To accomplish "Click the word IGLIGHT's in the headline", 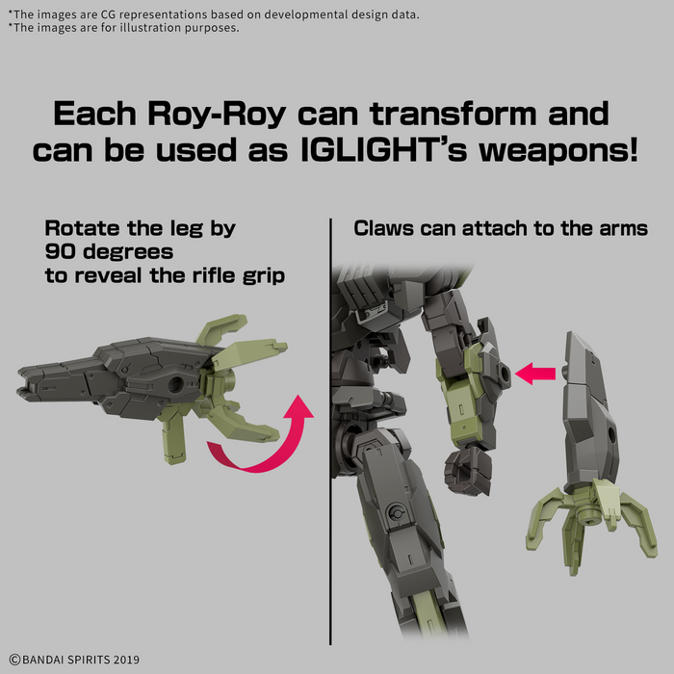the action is tap(383, 150).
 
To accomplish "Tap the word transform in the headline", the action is tap(454, 114).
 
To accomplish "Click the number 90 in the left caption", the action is tap(60, 251).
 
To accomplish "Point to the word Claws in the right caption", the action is tap(383, 228).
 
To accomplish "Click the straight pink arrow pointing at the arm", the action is tap(535, 374).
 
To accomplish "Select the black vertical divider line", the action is tap(330, 431).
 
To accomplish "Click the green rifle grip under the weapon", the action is tap(174, 440).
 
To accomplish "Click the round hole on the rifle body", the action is tap(175, 383).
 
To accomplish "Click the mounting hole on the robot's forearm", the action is tap(505, 374).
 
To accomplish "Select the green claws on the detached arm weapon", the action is tap(592, 524).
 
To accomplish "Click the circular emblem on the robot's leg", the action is tap(396, 513).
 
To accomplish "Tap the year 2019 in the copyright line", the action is tap(126, 660).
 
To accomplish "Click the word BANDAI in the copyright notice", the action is tap(42, 660).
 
